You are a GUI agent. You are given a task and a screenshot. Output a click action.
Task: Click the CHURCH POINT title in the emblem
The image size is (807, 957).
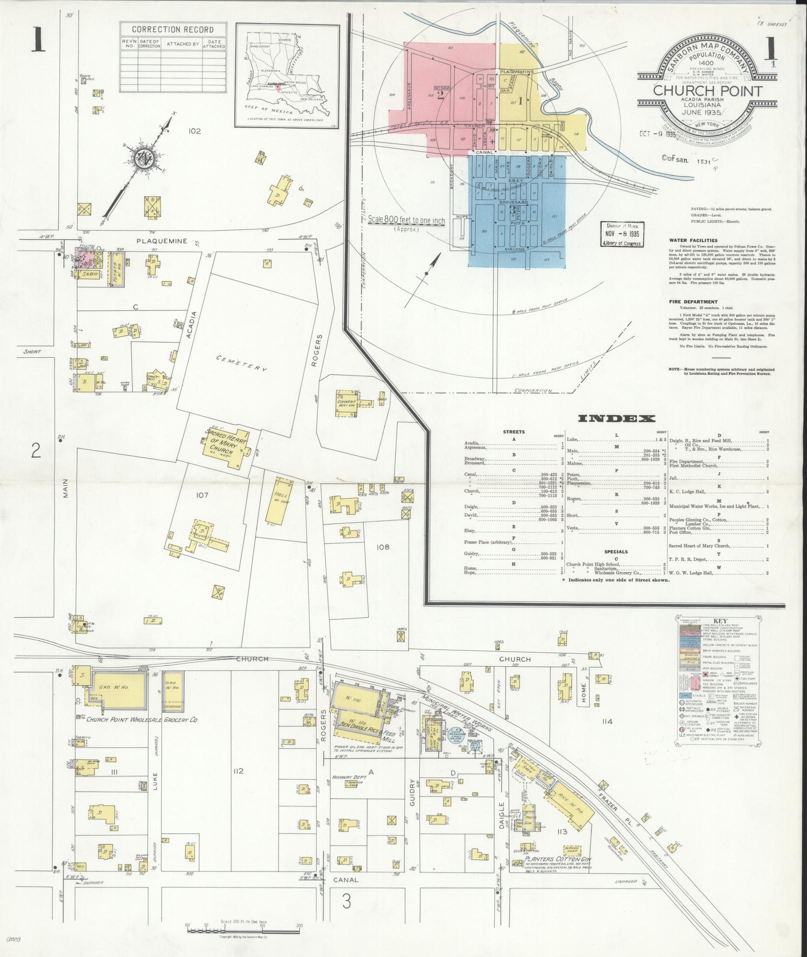(707, 91)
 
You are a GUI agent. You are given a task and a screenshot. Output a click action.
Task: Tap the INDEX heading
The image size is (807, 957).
(616, 419)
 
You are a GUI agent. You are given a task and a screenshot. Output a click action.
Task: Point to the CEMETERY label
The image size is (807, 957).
(242, 364)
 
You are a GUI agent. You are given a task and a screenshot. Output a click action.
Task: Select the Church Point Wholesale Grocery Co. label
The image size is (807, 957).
(143, 720)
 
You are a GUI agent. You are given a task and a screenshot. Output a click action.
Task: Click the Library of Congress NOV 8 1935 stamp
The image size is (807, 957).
(622, 234)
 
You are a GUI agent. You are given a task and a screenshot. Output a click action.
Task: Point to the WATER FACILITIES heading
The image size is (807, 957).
(693, 241)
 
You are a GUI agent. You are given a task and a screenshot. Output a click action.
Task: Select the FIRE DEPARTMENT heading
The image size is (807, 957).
(693, 302)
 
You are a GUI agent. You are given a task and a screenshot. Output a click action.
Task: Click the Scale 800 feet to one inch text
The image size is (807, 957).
(406, 219)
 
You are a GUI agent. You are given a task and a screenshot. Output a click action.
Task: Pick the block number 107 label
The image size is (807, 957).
(202, 495)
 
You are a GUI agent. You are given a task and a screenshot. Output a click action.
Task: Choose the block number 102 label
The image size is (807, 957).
(195, 131)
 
